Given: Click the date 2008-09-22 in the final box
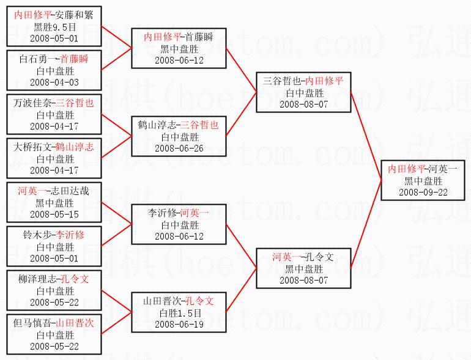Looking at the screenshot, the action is (x=423, y=192).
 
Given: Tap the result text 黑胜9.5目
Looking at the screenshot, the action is (x=55, y=27).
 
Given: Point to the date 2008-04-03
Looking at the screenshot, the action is (x=55, y=82).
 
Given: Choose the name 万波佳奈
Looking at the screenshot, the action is (x=31, y=103).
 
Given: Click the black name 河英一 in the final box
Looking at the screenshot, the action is (x=442, y=169).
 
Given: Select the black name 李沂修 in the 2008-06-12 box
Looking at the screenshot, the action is (x=161, y=213).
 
